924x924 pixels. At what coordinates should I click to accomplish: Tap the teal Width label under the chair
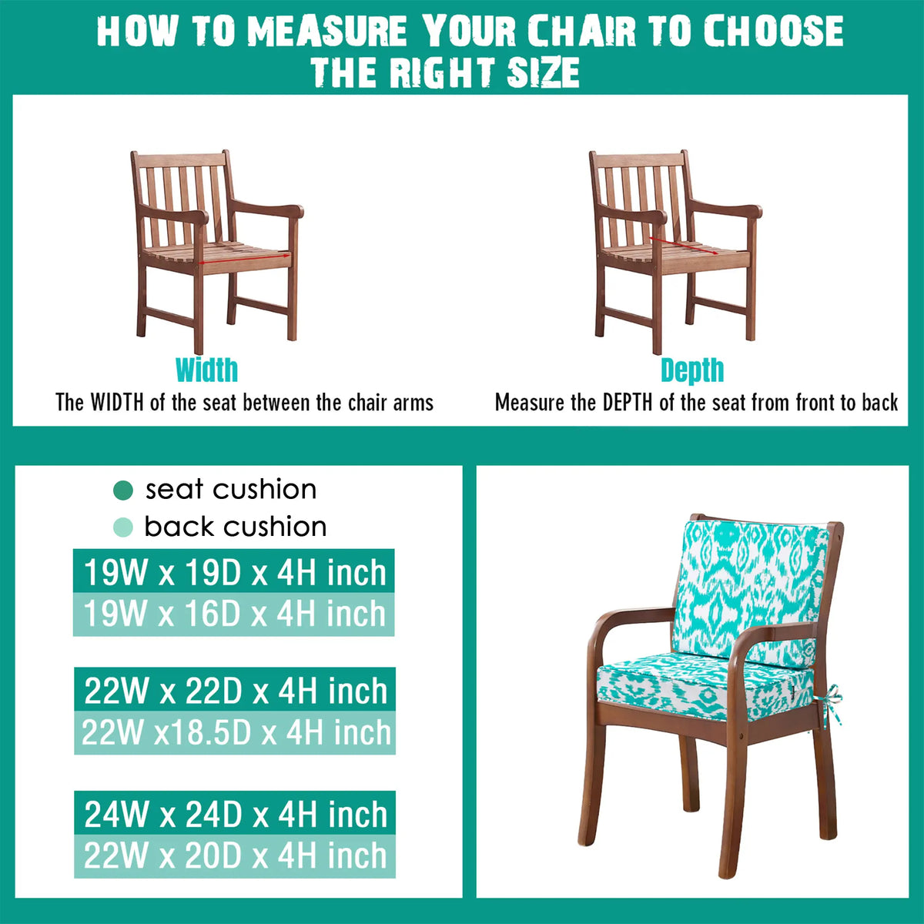coord(206,370)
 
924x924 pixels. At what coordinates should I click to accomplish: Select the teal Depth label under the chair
coord(692,370)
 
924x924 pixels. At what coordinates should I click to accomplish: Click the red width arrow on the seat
coord(245,259)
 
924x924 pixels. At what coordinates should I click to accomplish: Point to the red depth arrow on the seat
coord(684,245)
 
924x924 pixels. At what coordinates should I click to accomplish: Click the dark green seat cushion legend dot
coord(122,490)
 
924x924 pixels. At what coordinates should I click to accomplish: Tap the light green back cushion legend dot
coord(122,527)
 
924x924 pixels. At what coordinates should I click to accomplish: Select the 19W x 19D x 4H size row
coord(233,571)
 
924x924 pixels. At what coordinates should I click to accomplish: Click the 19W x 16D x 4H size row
coord(233,614)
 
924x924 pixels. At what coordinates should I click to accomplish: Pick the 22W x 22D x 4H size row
coord(235,689)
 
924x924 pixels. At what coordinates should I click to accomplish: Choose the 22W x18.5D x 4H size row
coord(235,733)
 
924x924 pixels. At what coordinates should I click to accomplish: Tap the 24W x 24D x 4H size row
coord(235,813)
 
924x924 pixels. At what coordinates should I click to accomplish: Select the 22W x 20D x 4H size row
coord(235,856)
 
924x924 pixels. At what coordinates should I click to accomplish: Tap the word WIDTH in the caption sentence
coord(117,402)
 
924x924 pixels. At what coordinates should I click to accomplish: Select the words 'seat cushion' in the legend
coord(231,490)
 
